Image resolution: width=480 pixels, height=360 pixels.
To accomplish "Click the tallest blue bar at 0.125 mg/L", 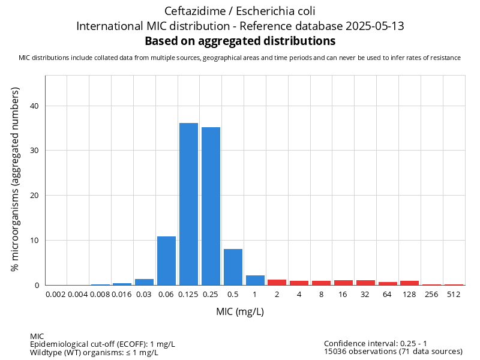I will (x=188, y=204).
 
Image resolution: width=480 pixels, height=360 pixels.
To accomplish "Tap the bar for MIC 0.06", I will (x=166, y=261).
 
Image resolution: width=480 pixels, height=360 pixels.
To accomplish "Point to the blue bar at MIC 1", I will (x=255, y=280).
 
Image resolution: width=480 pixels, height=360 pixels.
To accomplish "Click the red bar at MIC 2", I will (x=277, y=282).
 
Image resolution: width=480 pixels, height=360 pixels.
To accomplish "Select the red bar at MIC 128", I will (x=409, y=283).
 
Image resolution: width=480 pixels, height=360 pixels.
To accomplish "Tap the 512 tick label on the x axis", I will (x=454, y=295).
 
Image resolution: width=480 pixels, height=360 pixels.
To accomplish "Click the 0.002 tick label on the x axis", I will (x=56, y=295).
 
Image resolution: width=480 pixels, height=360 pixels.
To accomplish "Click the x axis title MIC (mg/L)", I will (x=240, y=312).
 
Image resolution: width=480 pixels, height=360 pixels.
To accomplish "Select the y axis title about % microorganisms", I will (x=16, y=179).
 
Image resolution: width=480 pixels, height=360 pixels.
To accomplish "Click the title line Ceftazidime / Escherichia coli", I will (x=239, y=11).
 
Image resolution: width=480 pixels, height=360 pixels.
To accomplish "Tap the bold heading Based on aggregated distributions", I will (x=240, y=41).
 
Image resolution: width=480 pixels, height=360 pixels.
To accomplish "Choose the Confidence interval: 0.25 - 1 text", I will (x=376, y=343).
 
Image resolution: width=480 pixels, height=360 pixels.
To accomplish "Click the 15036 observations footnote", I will (x=393, y=352).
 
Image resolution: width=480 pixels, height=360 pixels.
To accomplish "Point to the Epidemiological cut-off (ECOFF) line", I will (x=103, y=344).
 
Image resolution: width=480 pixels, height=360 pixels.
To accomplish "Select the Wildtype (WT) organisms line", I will (x=94, y=352).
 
